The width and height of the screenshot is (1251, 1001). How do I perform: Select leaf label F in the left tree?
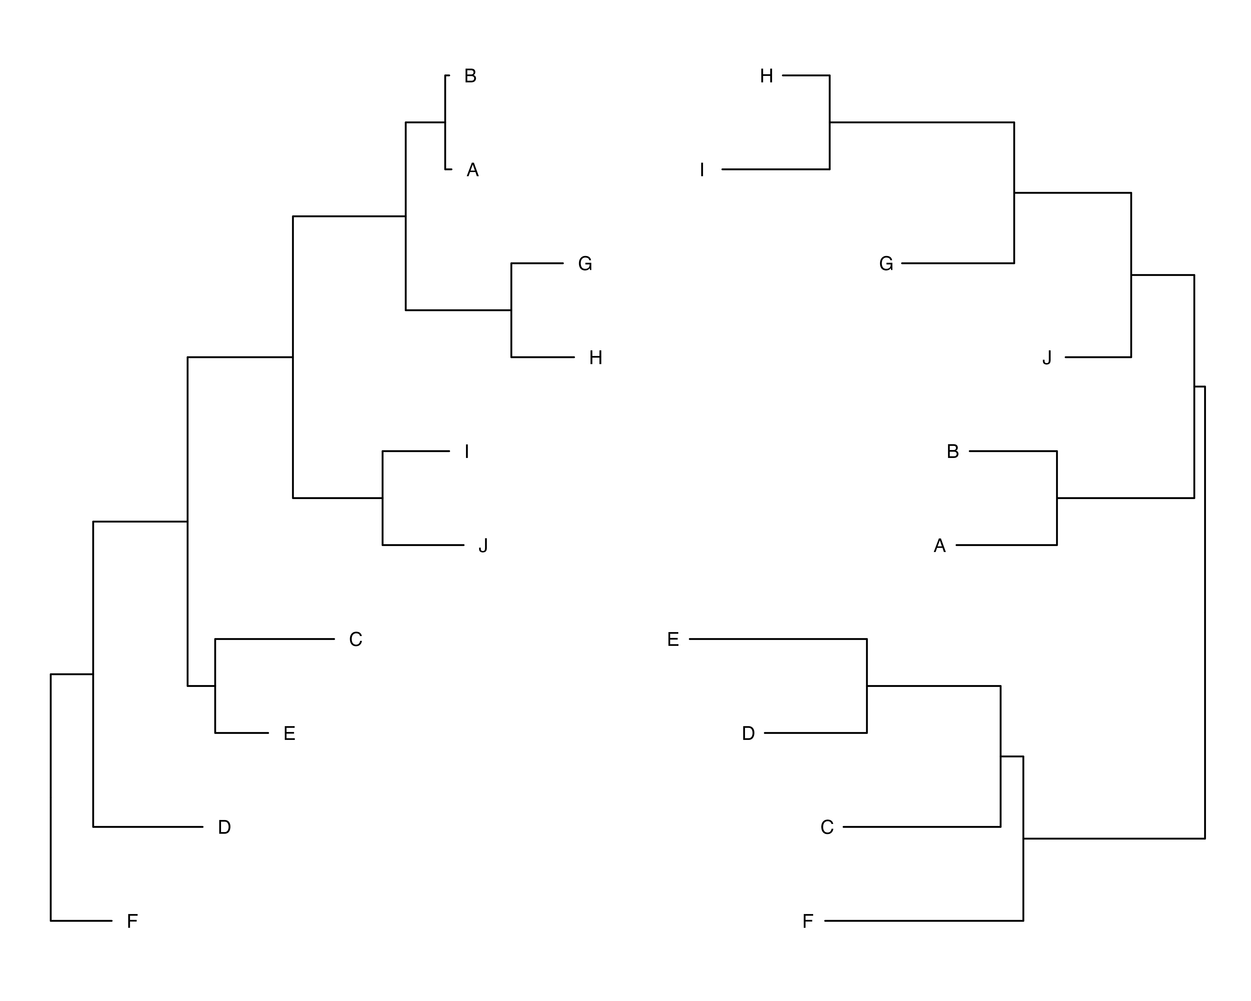[132, 921]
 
